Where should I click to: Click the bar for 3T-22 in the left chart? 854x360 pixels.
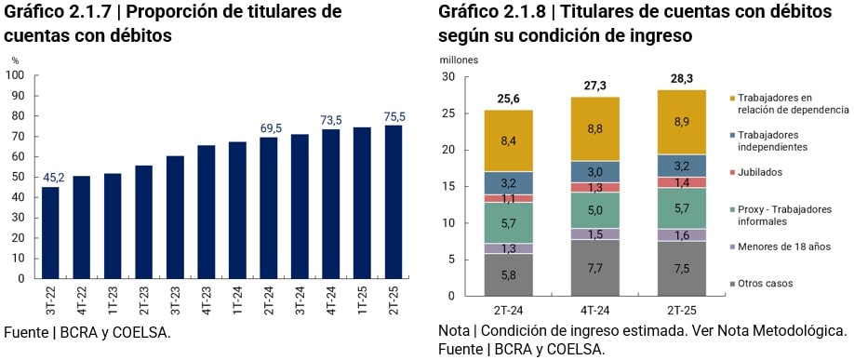tap(50, 233)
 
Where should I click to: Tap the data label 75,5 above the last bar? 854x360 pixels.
tap(394, 116)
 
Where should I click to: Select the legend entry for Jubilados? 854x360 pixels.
tap(761, 172)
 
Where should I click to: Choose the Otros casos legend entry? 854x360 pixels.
tap(766, 283)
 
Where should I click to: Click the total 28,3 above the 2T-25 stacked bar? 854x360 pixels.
tap(682, 79)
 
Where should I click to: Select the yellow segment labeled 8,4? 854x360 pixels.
tap(508, 140)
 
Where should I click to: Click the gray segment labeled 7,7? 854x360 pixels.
tap(594, 268)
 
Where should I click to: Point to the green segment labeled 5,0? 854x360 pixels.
tap(594, 211)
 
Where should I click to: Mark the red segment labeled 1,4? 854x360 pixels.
tap(682, 183)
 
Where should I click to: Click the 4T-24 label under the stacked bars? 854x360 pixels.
tap(594, 309)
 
